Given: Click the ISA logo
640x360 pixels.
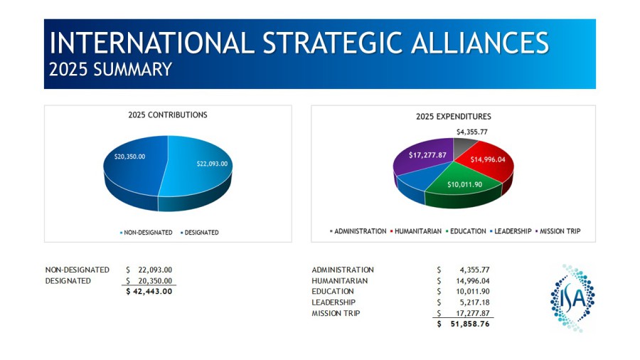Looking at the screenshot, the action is pos(572,298).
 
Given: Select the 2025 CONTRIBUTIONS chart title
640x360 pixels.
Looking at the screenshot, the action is pos(168,115).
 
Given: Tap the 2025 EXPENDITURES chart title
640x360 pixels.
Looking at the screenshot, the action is pos(454,117).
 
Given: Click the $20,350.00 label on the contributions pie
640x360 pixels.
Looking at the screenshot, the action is pos(129,157).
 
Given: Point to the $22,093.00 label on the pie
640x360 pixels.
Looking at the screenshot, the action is pos(212,164).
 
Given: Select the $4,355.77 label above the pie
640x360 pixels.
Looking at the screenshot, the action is pos(472,132).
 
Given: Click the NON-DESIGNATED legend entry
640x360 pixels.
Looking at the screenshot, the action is pos(146,233).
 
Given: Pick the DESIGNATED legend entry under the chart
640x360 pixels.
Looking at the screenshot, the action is pos(200,233).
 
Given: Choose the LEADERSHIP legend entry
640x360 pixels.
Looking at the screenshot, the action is pos(511,231).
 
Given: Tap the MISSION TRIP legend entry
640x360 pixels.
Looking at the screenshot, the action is pos(558,231).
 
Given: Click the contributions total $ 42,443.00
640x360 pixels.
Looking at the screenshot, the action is pos(149,292).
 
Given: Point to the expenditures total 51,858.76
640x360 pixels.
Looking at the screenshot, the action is pos(470,324).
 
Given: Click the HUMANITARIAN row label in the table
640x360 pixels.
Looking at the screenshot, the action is pos(340,281).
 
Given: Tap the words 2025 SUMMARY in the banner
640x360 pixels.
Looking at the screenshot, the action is pos(110,70).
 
